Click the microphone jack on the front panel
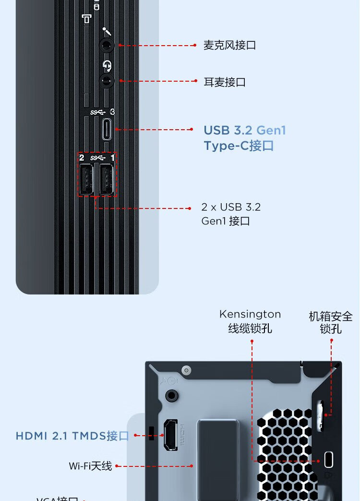(107, 46)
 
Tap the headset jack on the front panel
(107, 80)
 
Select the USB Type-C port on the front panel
(107, 130)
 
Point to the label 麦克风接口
(229, 45)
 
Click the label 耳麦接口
(225, 82)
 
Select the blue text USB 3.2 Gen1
(245, 130)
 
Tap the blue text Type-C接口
(239, 146)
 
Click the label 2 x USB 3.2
(231, 207)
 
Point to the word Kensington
(250, 314)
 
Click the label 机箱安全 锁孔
(331, 322)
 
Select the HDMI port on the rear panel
(170, 435)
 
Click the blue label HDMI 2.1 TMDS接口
(72, 436)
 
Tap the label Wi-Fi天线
(90, 466)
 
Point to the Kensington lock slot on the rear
(329, 459)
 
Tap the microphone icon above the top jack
(107, 31)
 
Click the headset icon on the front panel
(107, 65)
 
